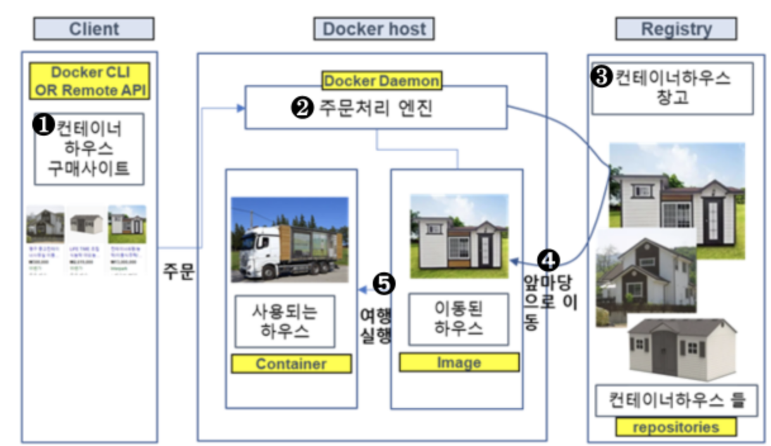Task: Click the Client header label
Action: (94, 29)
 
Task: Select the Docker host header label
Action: (373, 29)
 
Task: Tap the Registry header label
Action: (676, 29)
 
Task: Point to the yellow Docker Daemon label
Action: (382, 80)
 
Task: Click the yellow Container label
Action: (291, 364)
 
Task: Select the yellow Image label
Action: (458, 362)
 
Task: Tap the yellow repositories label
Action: (675, 427)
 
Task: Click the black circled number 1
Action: (44, 126)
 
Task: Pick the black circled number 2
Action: (302, 108)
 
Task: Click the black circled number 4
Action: (548, 259)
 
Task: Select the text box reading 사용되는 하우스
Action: (284, 321)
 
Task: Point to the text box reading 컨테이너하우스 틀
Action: (677, 400)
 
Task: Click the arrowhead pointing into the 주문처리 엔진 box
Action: (241, 108)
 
